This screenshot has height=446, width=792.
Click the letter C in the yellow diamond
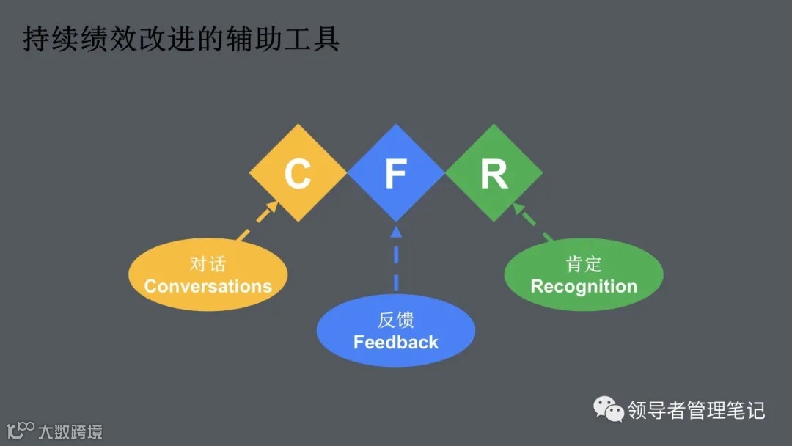point(298,174)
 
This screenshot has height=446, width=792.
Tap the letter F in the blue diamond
point(396,174)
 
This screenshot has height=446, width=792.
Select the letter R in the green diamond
point(494,174)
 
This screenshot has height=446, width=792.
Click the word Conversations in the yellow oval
point(208,286)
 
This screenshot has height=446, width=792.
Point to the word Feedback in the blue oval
point(396,342)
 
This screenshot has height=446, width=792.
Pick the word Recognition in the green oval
point(584,286)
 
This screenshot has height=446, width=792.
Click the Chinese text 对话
point(208,264)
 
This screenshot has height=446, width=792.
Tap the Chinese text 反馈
point(396,320)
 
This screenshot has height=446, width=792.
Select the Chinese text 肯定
point(584,264)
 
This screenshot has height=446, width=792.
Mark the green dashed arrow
point(533,222)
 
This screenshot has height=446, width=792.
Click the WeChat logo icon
point(609,409)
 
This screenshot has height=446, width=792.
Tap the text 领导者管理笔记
point(696,410)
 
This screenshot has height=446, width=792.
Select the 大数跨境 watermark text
point(70,431)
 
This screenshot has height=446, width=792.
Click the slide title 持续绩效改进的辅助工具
point(181,40)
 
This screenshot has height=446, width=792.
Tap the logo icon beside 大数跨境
point(20,429)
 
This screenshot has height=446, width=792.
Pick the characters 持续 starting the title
point(48,40)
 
